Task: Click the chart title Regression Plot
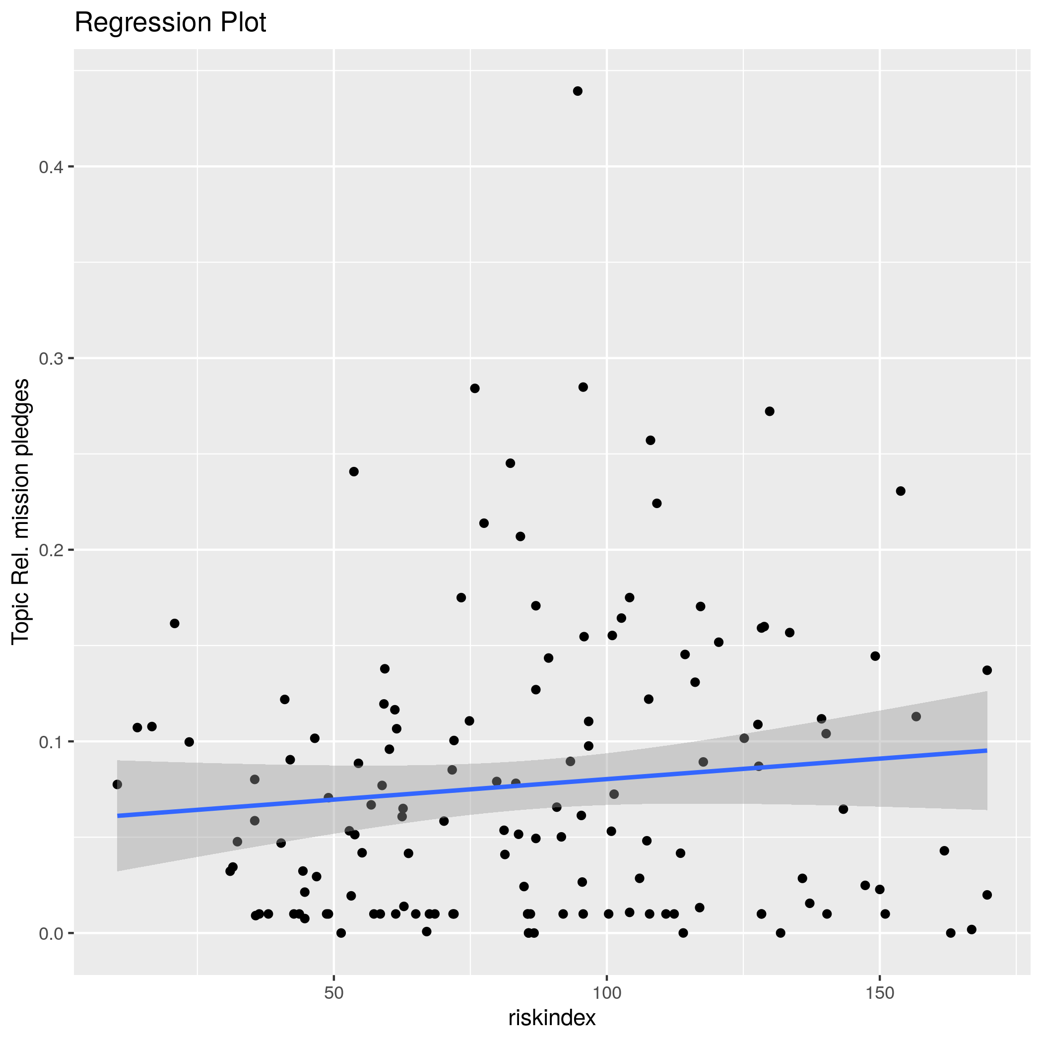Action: point(170,23)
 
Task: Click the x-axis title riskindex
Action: point(552,1018)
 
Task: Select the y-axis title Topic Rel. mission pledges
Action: point(21,511)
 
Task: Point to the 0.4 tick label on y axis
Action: point(51,167)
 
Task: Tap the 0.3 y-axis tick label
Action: point(51,359)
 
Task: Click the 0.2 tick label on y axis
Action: point(51,550)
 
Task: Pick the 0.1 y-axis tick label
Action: point(51,742)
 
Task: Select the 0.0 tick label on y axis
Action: point(51,934)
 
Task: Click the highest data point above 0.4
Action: point(578,91)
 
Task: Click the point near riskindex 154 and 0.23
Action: point(901,491)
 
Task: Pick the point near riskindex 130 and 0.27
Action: point(770,411)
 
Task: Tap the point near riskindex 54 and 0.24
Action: point(354,471)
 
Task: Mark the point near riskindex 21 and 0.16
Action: point(174,624)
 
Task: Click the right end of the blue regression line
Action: point(986,750)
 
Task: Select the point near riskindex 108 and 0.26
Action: point(651,440)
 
